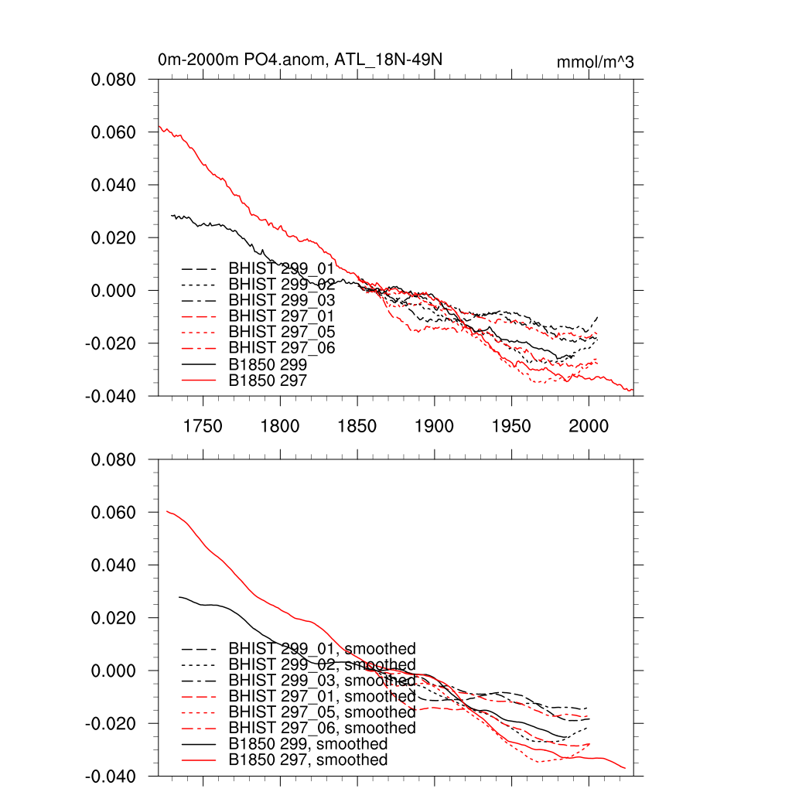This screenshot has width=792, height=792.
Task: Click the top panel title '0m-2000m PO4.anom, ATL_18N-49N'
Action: pos(300,60)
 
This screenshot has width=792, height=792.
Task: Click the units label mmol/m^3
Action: pos(595,62)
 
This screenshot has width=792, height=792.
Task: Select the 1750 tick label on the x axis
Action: pos(203,426)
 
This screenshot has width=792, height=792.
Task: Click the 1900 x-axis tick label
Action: pos(435,426)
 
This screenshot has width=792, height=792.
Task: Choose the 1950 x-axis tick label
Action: pos(512,426)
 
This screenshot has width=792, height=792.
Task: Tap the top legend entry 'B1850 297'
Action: pos(268,380)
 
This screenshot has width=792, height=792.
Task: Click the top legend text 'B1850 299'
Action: pos(268,364)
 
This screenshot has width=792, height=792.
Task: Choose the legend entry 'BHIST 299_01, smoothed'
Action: pos(322,648)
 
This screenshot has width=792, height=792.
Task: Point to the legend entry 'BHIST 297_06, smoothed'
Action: pos(322,728)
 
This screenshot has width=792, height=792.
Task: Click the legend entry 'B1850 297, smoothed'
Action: pos(308,760)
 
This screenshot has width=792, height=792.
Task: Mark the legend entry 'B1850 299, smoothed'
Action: pos(308,744)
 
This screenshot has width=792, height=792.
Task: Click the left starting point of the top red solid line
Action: pos(159,126)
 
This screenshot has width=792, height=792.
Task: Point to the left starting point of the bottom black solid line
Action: pos(179,597)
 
